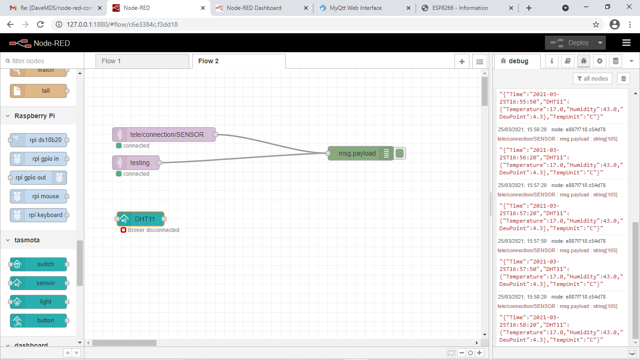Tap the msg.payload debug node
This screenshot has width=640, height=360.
click(357, 153)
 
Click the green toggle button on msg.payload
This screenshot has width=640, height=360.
click(400, 153)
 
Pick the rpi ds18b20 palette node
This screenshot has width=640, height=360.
click(39, 140)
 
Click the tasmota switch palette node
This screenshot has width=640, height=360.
click(39, 264)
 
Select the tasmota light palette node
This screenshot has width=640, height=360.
click(39, 302)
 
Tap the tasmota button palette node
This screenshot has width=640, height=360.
click(39, 321)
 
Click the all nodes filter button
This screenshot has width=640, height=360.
click(593, 78)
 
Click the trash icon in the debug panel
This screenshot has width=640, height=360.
click(624, 78)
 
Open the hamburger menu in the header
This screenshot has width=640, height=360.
click(626, 43)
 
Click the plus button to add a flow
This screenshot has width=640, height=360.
click(462, 61)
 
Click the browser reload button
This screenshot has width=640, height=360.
click(40, 24)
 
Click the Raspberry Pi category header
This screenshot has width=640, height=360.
click(35, 116)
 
